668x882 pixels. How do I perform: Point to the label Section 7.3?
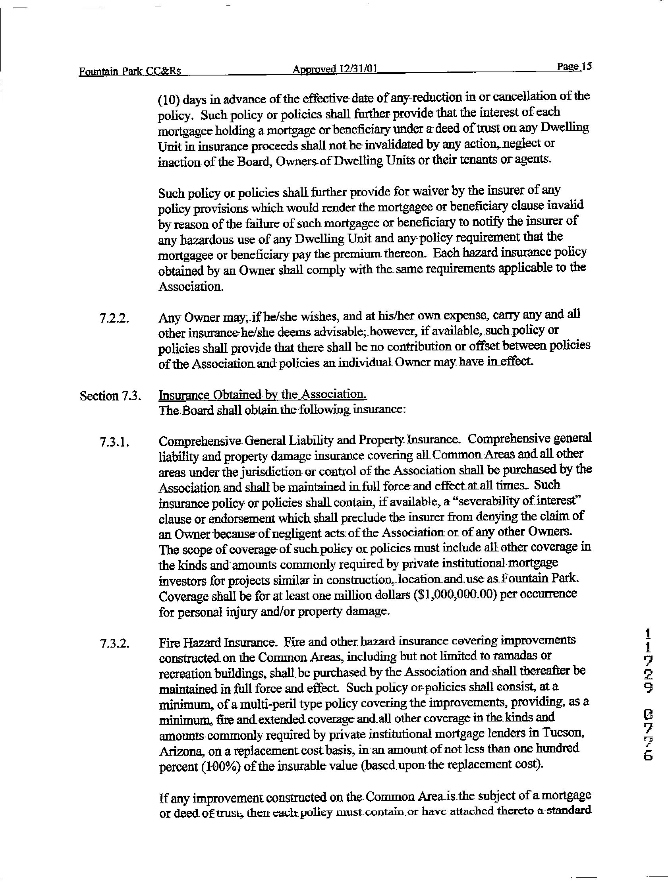point(110,396)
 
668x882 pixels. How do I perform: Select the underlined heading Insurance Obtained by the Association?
point(262,395)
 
